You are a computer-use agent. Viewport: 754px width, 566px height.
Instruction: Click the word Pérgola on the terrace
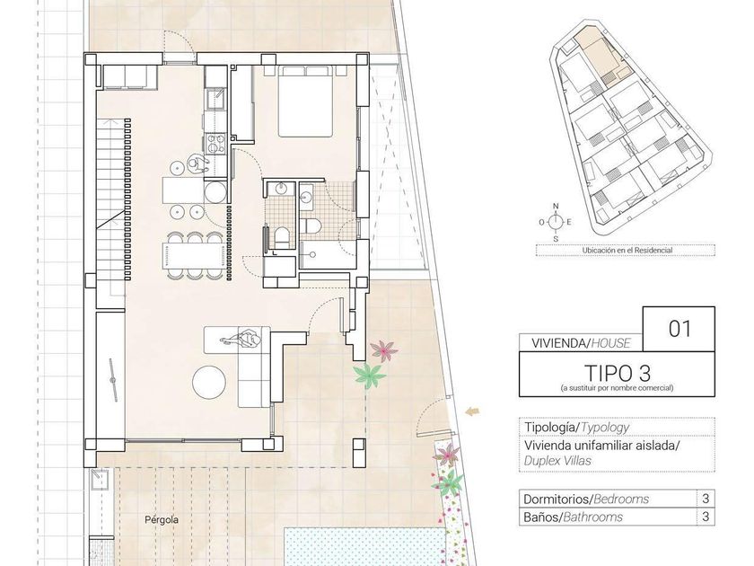[x=162, y=520]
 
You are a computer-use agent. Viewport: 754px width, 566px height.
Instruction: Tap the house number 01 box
[x=679, y=329]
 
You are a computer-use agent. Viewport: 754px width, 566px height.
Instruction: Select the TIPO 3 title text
[x=617, y=373]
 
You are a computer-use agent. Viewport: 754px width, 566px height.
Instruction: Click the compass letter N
[x=556, y=207]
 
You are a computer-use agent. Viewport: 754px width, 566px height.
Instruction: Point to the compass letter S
[x=556, y=239]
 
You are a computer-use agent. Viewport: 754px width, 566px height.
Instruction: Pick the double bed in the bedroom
[x=305, y=102]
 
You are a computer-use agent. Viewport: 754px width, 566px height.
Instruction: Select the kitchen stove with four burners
[x=215, y=144]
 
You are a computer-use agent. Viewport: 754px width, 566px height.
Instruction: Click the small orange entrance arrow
[x=472, y=411]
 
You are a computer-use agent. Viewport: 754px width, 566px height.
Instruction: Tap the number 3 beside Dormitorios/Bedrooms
[x=706, y=499]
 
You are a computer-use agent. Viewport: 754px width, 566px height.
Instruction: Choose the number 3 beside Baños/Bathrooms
[x=706, y=517]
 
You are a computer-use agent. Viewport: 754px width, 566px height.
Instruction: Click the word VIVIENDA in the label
[x=557, y=343]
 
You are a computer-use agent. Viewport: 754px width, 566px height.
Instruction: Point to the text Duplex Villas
[x=557, y=461]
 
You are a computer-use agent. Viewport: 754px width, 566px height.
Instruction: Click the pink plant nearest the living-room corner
[x=384, y=350]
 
